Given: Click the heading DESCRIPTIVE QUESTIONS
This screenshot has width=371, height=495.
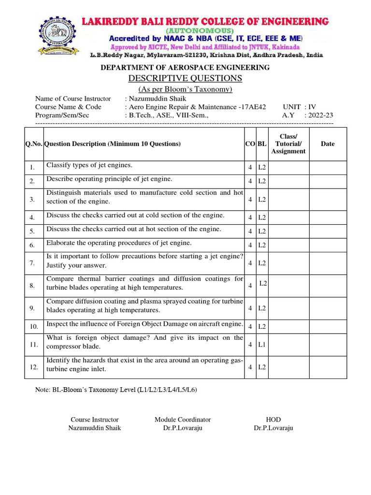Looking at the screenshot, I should (185, 78).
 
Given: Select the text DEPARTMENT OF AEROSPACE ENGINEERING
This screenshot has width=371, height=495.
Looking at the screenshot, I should (185, 67).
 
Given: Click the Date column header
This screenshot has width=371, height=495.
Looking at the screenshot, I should (328, 144).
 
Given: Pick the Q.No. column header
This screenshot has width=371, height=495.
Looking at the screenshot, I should (34, 144).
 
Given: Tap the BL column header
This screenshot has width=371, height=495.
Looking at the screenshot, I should (262, 144).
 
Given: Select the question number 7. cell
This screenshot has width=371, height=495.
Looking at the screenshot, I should (32, 263).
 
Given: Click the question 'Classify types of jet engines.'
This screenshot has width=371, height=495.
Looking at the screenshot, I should (89, 165).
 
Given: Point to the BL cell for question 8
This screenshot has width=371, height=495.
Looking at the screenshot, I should (263, 283).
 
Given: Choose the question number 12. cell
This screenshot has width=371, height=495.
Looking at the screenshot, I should (33, 367).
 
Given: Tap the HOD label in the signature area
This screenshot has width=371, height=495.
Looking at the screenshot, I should (273, 420).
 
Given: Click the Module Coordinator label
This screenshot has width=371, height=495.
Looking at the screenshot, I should (183, 420).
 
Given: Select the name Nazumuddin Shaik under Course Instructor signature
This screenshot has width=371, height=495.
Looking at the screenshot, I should (95, 428).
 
